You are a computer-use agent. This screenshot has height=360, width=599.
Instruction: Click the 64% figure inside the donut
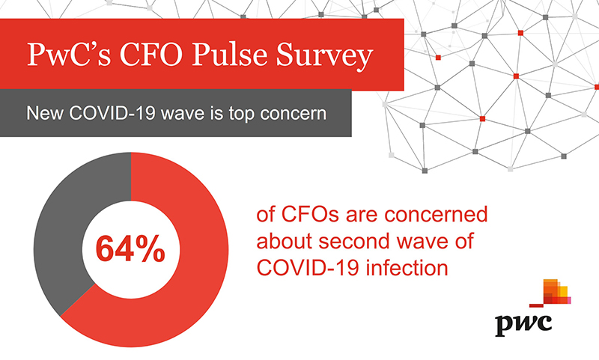click(x=130, y=249)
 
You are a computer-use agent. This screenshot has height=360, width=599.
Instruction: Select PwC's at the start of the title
click(x=69, y=54)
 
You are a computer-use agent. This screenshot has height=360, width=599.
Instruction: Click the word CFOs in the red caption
click(x=310, y=214)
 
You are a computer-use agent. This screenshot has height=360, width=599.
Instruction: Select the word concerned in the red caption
click(x=436, y=214)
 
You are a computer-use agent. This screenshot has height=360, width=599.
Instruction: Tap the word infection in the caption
click(x=407, y=268)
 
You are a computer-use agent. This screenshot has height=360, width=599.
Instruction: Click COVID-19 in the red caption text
click(x=308, y=268)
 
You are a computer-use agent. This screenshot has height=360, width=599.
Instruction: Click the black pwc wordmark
click(x=523, y=326)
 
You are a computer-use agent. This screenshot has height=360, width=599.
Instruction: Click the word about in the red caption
click(x=285, y=241)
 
